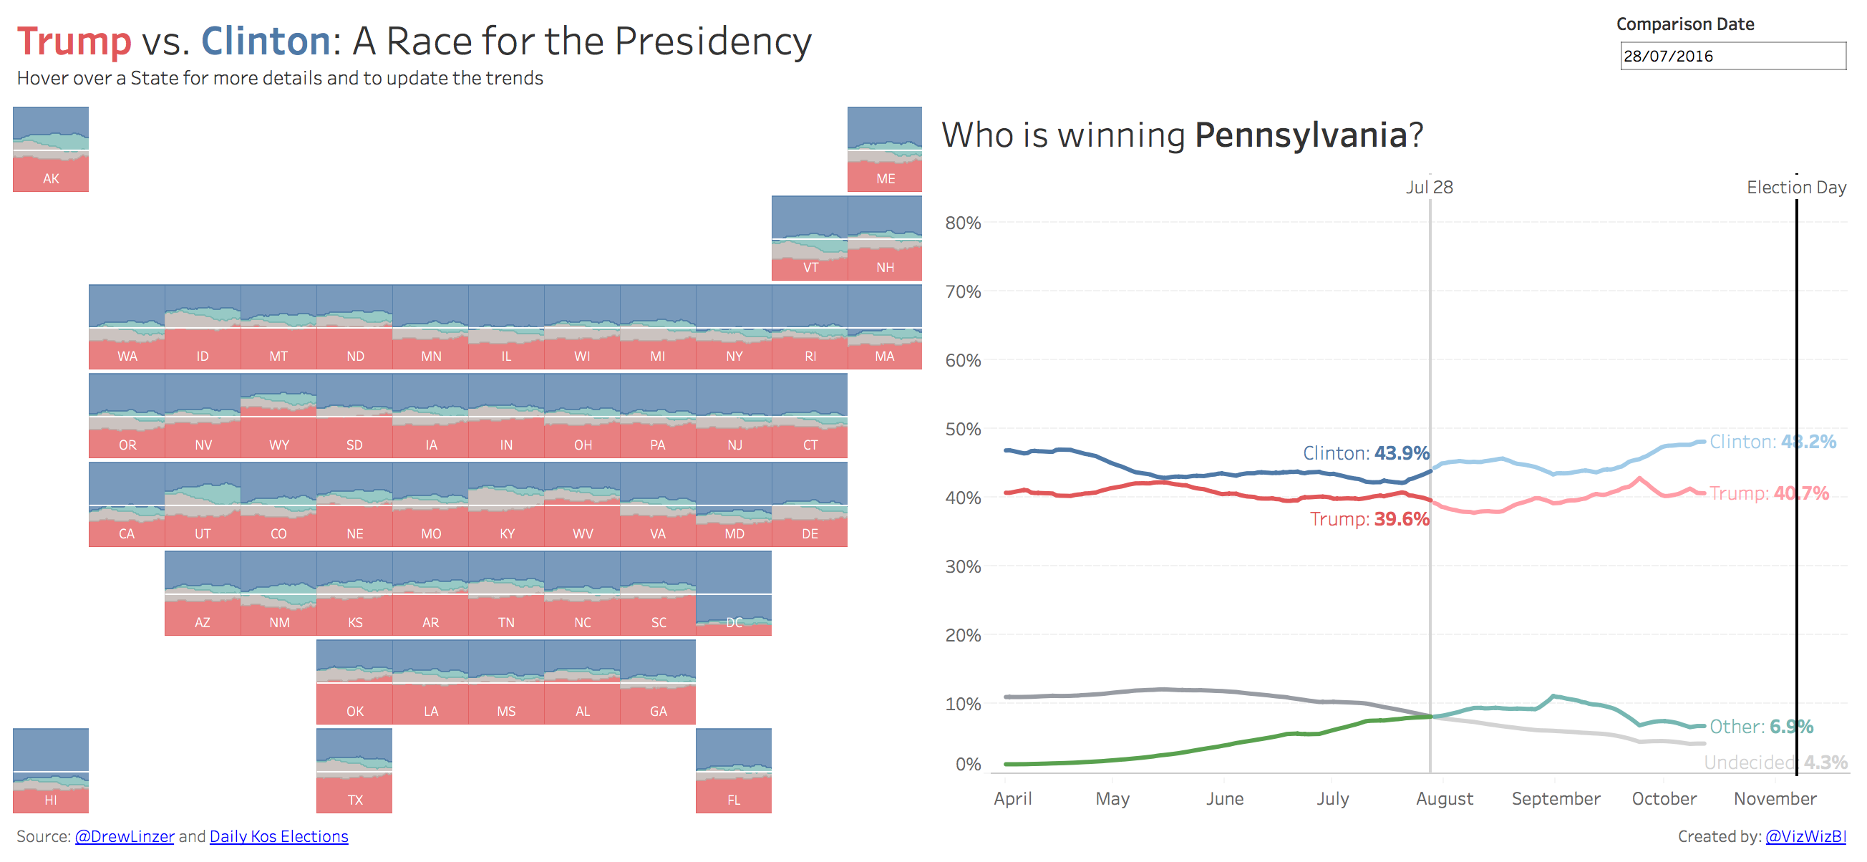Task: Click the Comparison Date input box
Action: (1732, 56)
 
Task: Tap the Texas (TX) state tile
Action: (354, 770)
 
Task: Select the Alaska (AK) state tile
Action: (51, 150)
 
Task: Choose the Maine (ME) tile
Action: (884, 150)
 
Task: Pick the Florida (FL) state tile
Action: (734, 770)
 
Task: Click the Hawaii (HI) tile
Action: (51, 770)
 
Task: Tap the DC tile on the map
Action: (734, 593)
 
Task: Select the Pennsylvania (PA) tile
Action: (657, 415)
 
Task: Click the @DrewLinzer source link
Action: (124, 836)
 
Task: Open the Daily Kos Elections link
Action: (278, 836)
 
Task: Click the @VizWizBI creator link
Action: (1805, 836)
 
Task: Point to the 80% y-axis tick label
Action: (962, 223)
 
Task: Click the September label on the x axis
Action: (1556, 798)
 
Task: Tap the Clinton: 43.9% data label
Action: (1365, 453)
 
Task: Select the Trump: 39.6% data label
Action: (1369, 519)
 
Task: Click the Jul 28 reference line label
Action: (1429, 187)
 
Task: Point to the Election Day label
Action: (1796, 187)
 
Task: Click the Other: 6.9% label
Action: (1761, 727)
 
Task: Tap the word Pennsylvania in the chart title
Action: (1301, 135)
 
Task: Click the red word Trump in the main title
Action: (74, 42)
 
